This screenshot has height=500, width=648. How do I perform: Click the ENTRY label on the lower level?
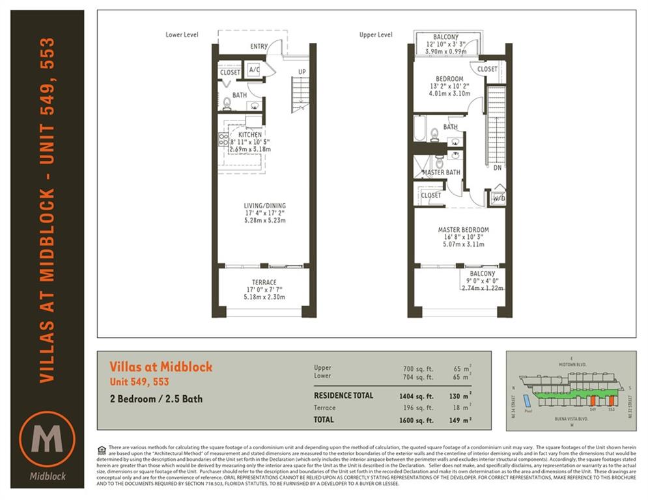point(259,47)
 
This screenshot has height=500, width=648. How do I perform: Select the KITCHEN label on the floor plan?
point(249,135)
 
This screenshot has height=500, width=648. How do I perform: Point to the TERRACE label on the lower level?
point(264,283)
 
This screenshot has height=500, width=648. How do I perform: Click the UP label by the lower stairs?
point(302,72)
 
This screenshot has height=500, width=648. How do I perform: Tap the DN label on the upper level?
point(497,167)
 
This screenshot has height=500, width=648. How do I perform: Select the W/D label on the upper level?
point(499,198)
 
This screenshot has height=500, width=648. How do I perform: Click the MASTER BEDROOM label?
point(463,230)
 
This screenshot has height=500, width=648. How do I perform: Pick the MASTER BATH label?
point(441,173)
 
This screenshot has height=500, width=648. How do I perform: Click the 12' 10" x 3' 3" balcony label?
point(446,44)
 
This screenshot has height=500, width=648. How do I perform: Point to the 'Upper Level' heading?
point(376,35)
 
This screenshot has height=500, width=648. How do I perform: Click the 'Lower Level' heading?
point(182,35)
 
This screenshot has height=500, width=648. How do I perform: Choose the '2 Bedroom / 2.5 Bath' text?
point(156,398)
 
